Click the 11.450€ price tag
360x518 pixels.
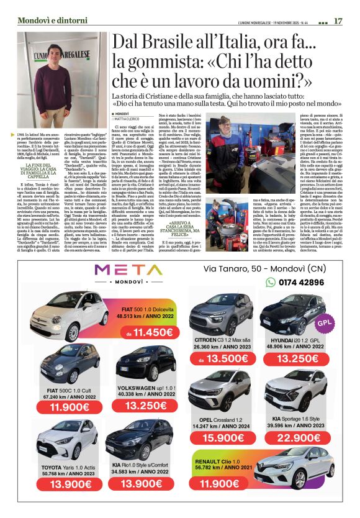coord(146,333)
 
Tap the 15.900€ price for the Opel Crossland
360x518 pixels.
coord(223,438)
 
